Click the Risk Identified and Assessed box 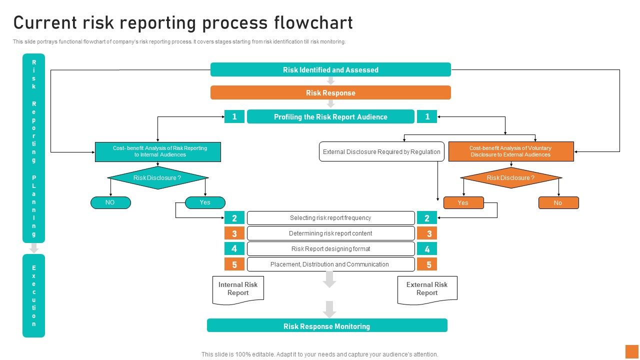coord(330,70)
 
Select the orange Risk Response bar coord(330,93)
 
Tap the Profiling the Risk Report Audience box coord(330,117)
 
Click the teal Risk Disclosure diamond coord(158,178)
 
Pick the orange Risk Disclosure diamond coord(511,178)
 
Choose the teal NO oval coord(110,202)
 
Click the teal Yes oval coord(205,202)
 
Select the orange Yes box coord(463,203)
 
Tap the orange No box coord(558,203)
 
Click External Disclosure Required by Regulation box coord(381,151)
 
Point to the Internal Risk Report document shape coord(238,289)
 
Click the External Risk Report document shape coord(427,289)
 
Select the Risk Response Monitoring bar coord(327,326)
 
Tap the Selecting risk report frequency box coord(330,218)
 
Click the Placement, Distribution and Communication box coord(330,264)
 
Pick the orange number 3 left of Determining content coord(234,233)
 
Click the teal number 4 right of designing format coord(427,249)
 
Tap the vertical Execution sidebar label coord(34,295)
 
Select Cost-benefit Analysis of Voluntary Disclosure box coord(511,151)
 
